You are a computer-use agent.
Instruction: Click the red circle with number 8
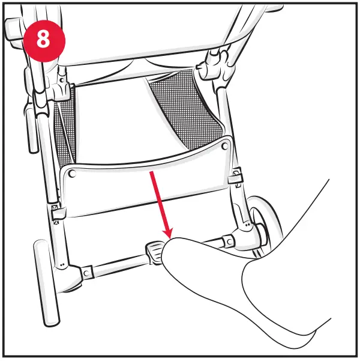tap(44, 38)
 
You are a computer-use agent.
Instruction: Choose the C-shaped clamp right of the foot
tap(229, 241)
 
